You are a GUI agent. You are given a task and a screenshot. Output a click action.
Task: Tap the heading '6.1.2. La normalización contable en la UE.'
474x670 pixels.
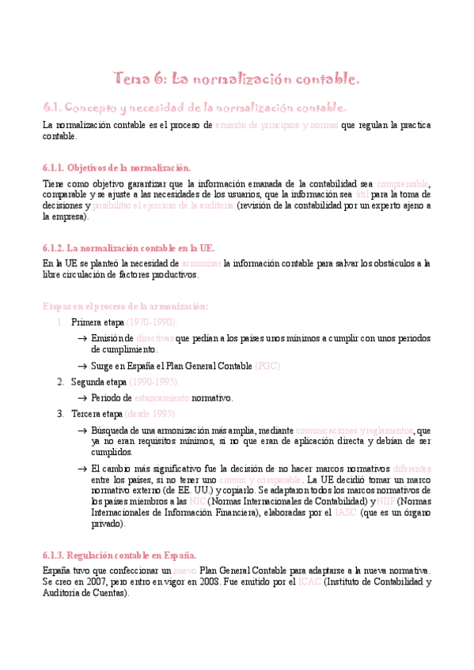[x=128, y=247]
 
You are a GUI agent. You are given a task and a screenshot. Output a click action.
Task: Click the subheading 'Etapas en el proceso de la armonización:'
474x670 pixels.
[x=125, y=307]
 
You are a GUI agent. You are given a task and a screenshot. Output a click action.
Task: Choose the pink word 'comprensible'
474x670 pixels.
[x=402, y=183]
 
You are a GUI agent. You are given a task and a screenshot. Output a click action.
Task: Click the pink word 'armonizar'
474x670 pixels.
[x=202, y=263]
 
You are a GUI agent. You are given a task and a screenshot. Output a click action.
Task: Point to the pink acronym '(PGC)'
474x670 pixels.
[x=267, y=367]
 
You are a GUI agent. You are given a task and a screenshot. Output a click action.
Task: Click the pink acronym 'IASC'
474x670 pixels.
[x=346, y=513]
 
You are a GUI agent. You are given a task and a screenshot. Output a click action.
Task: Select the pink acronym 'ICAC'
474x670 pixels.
[x=310, y=582]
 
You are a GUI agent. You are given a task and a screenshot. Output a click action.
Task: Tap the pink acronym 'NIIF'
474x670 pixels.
[x=386, y=501]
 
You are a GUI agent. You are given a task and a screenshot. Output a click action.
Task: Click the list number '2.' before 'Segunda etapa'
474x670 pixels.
[x=61, y=382]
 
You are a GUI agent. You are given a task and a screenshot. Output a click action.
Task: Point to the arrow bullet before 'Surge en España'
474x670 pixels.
[x=82, y=367]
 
